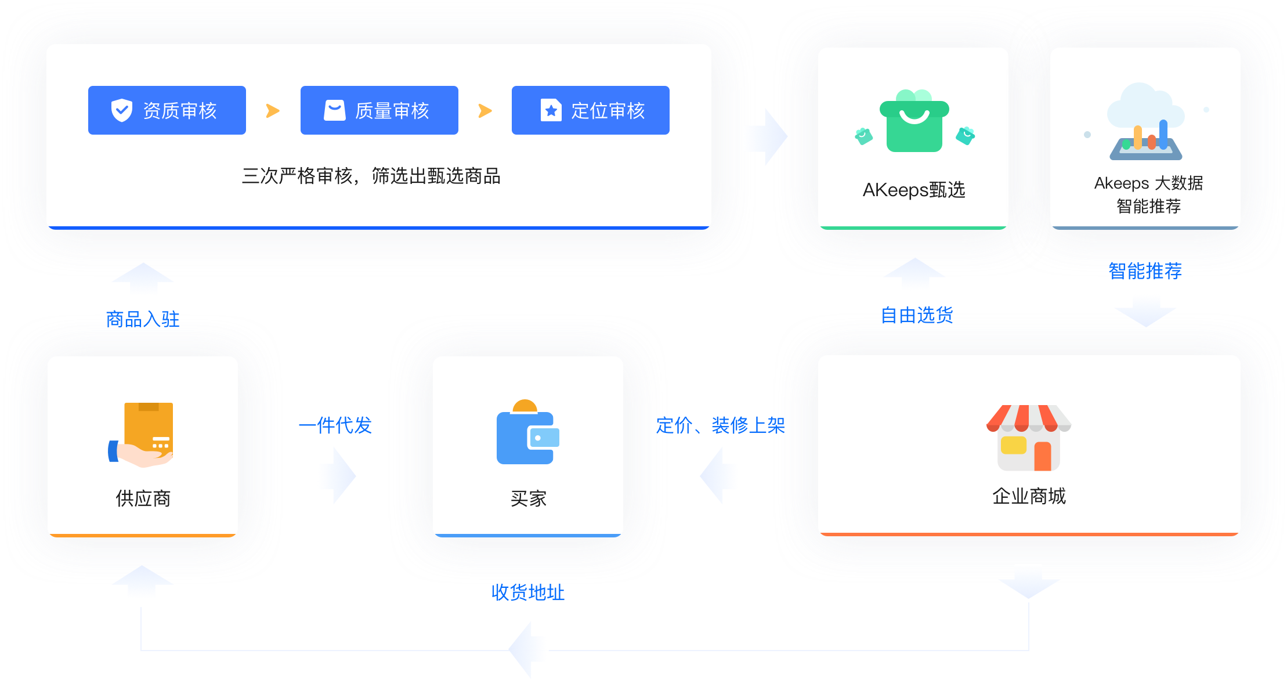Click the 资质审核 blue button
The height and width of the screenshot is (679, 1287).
167,110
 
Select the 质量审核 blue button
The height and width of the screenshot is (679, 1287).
379,110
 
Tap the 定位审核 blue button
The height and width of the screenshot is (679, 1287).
590,110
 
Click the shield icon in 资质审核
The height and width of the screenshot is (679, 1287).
122,110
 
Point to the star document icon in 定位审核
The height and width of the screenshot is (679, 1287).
551,110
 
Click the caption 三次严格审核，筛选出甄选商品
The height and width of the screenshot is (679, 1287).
371,176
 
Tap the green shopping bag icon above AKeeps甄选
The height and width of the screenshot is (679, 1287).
914,122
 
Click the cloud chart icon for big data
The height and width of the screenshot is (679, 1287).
1145,122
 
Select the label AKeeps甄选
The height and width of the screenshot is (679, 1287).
914,190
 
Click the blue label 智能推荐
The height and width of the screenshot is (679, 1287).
1145,270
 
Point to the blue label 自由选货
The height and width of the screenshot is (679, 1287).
917,315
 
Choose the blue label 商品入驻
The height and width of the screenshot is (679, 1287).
143,319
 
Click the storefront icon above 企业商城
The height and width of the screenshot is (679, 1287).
1029,438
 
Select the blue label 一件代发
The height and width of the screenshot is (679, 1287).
335,425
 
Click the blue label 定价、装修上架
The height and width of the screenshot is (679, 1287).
720,425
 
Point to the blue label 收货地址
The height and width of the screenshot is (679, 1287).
527,592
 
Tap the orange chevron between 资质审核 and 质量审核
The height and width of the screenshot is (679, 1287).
273,110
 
